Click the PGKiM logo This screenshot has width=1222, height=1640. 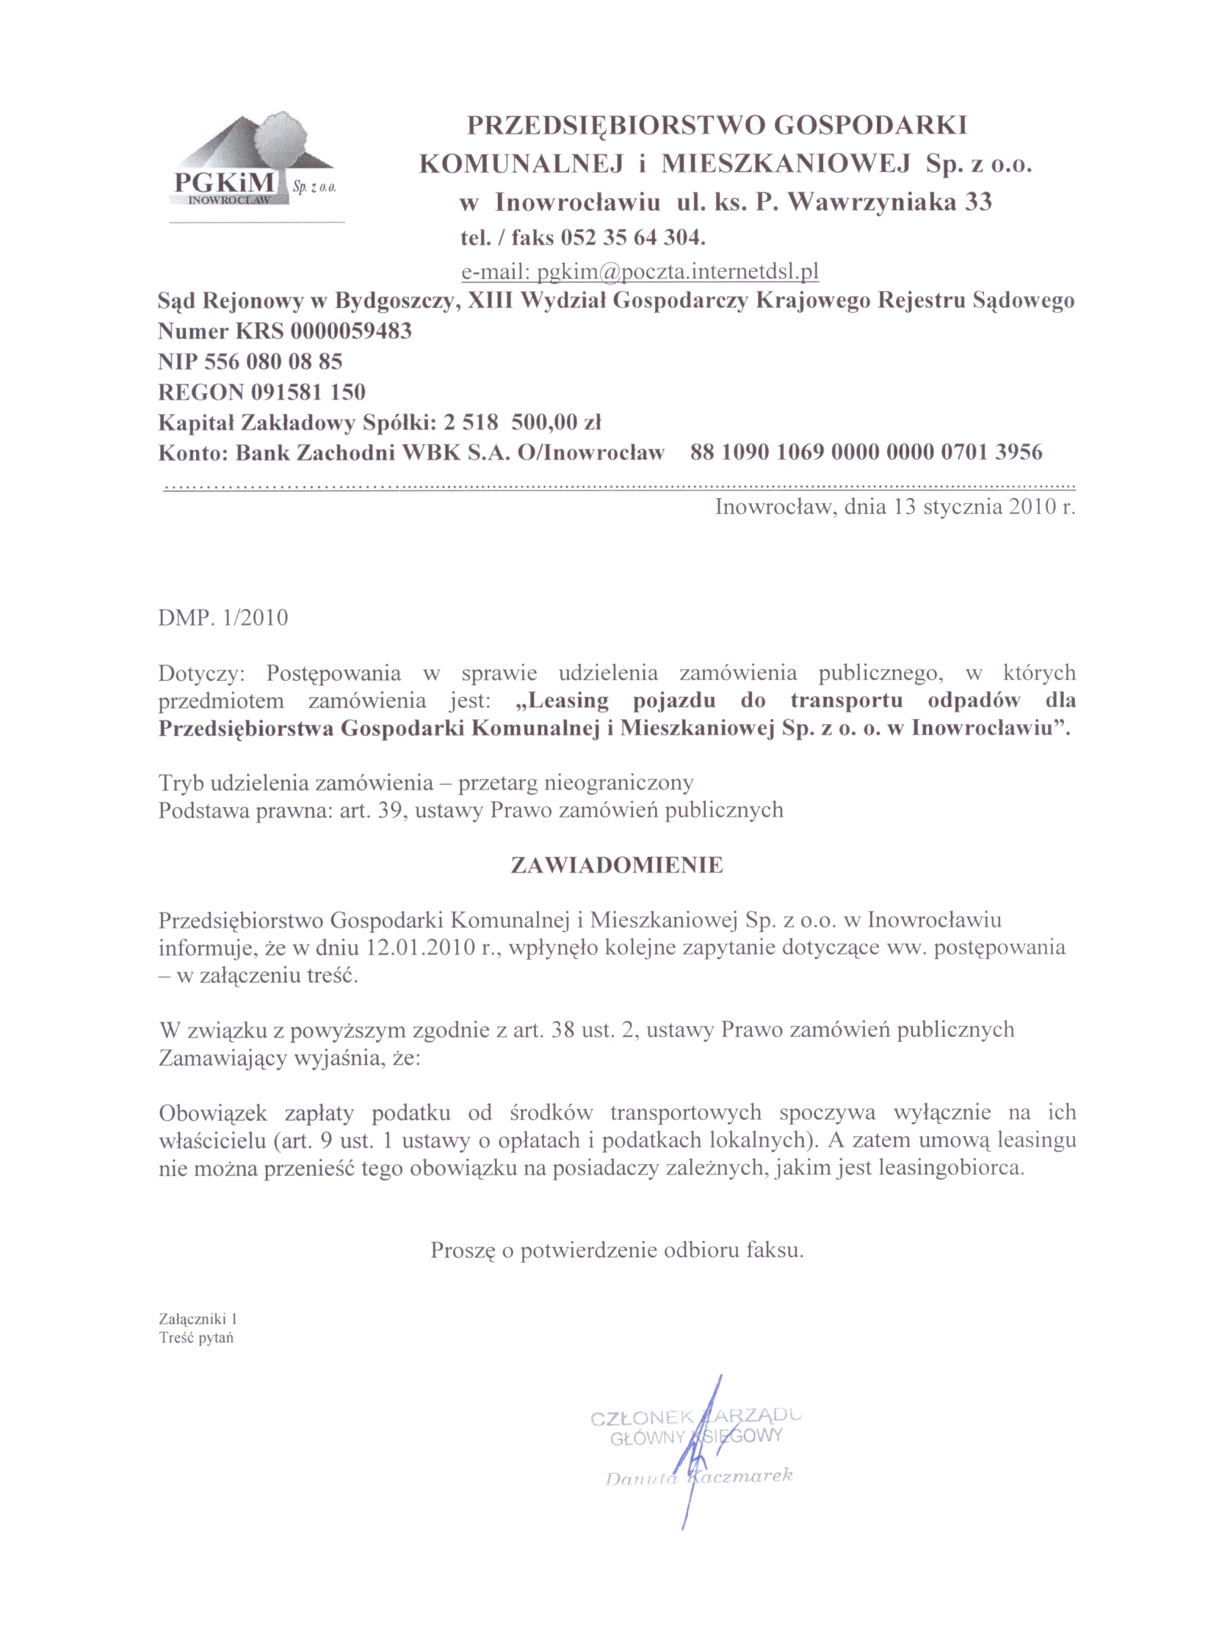point(251,164)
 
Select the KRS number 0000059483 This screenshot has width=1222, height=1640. point(351,330)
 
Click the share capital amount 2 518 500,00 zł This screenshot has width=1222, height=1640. point(522,423)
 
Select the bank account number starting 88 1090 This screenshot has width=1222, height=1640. point(867,452)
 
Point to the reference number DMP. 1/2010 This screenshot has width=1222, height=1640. point(223,618)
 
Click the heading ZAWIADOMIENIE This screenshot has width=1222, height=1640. point(617,866)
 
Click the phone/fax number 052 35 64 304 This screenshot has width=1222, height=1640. point(634,238)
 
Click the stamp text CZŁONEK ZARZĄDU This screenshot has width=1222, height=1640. point(695,1417)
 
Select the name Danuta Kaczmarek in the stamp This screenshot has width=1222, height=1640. point(698,1475)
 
